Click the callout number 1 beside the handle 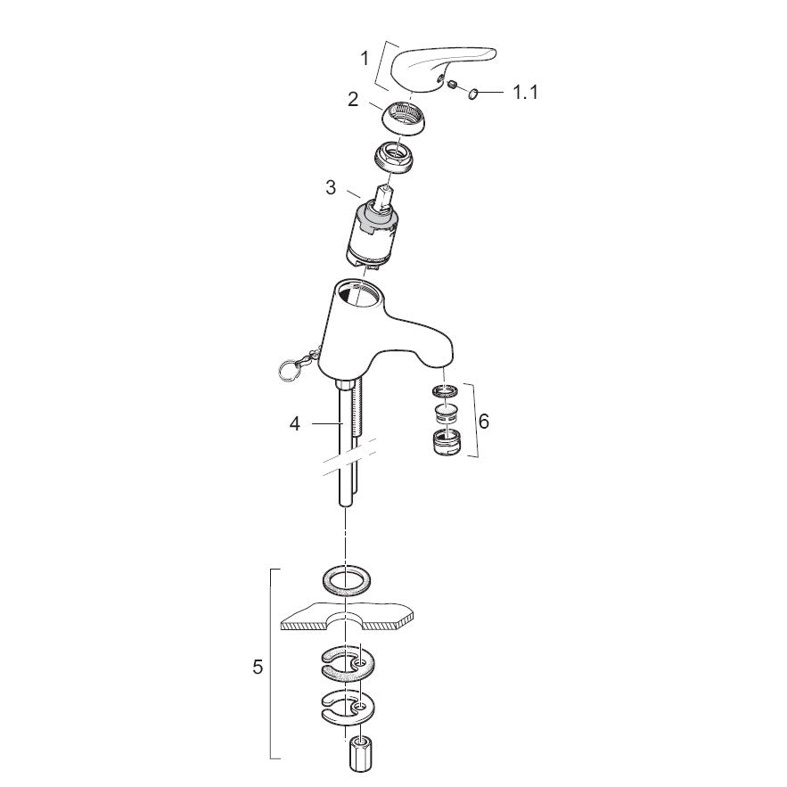coord(365,59)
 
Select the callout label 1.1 coord(525,93)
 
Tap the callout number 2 coord(353,100)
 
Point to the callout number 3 coord(331,188)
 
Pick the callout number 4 coord(295,424)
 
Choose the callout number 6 coord(483,421)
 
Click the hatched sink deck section coord(348,616)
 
